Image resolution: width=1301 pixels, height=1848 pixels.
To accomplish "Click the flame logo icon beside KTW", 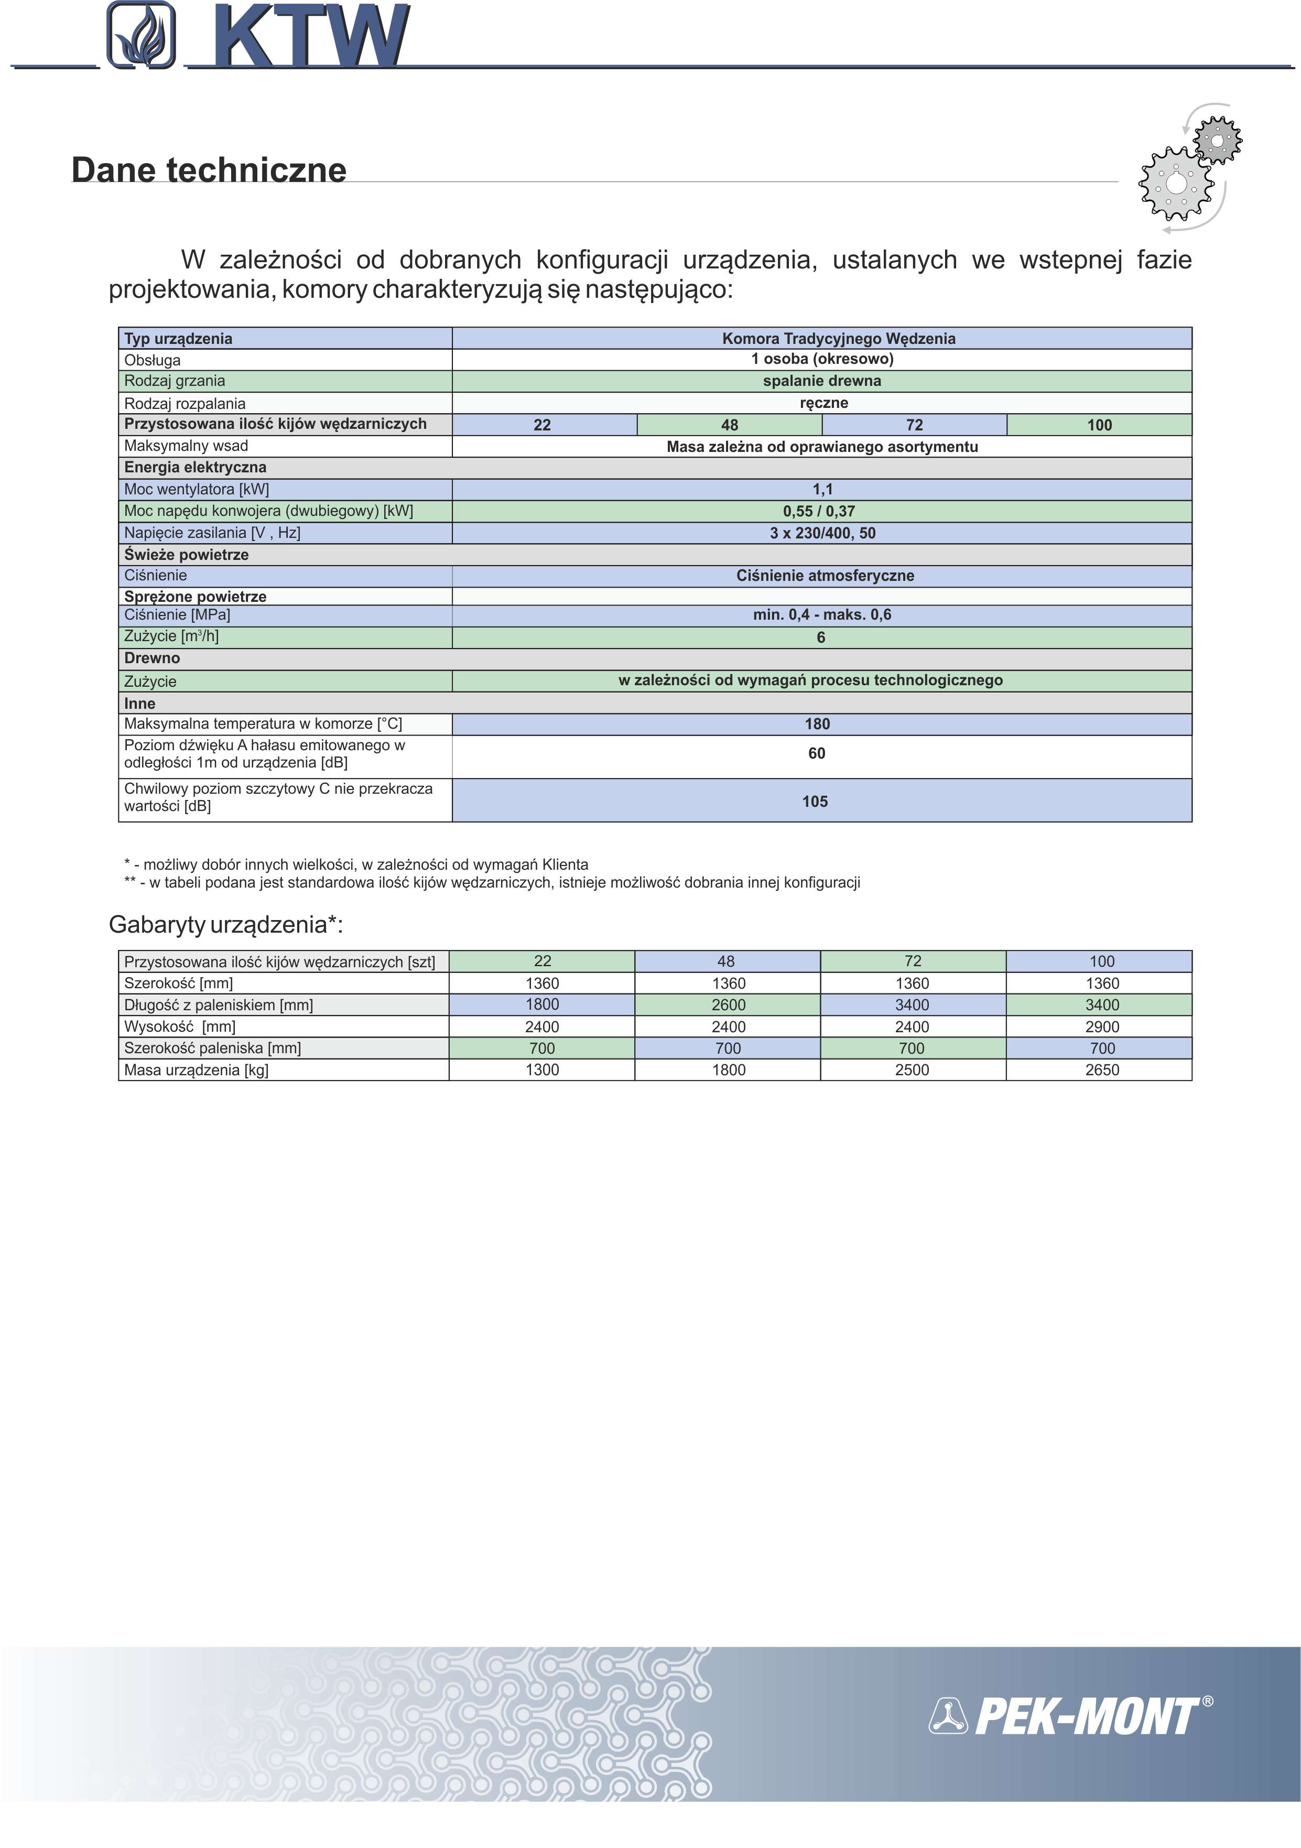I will pyautogui.click(x=141, y=36).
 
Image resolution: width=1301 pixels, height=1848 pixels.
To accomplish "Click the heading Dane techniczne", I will pyautogui.click(x=209, y=170).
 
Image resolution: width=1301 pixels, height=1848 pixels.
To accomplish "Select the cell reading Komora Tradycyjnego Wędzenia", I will pyautogui.click(x=838, y=338).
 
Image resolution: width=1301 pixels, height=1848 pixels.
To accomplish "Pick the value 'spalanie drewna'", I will pyautogui.click(x=821, y=381).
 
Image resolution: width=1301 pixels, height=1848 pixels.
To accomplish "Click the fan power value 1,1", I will pyautogui.click(x=822, y=489).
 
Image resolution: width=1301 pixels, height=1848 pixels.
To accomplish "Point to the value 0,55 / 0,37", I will pyautogui.click(x=819, y=511).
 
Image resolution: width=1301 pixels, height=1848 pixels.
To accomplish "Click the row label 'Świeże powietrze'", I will pyautogui.click(x=186, y=555).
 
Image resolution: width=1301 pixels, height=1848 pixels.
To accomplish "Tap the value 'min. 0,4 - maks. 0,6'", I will pyautogui.click(x=821, y=615).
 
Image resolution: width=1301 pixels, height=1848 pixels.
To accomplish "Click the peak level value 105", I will pyautogui.click(x=814, y=802).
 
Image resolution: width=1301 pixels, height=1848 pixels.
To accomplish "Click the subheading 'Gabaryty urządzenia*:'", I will pyautogui.click(x=226, y=925).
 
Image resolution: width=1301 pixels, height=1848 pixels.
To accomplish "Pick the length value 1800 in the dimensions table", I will pyautogui.click(x=543, y=1004).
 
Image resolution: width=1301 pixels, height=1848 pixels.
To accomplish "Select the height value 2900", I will pyautogui.click(x=1101, y=1027).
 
